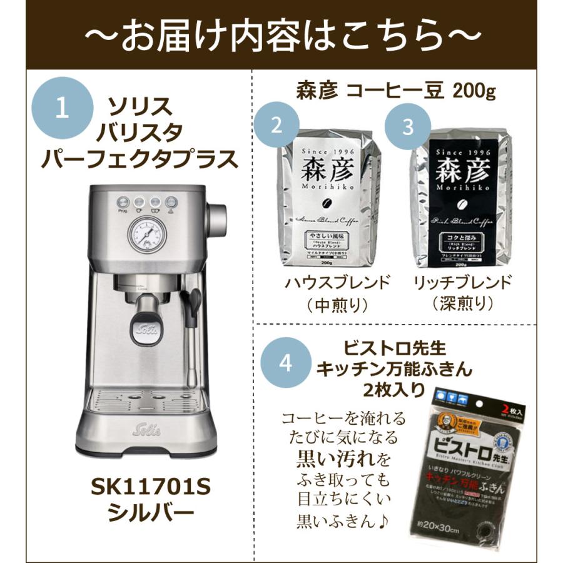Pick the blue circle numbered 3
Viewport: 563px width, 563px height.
(408, 126)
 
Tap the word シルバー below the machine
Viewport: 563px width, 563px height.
(141, 514)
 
